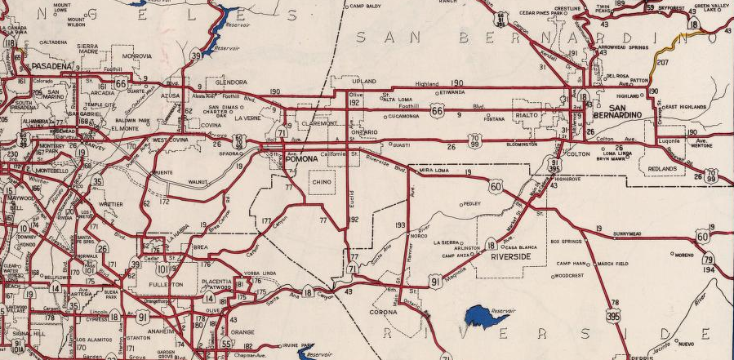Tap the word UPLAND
363,82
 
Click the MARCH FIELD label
611,264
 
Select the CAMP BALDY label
367,7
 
